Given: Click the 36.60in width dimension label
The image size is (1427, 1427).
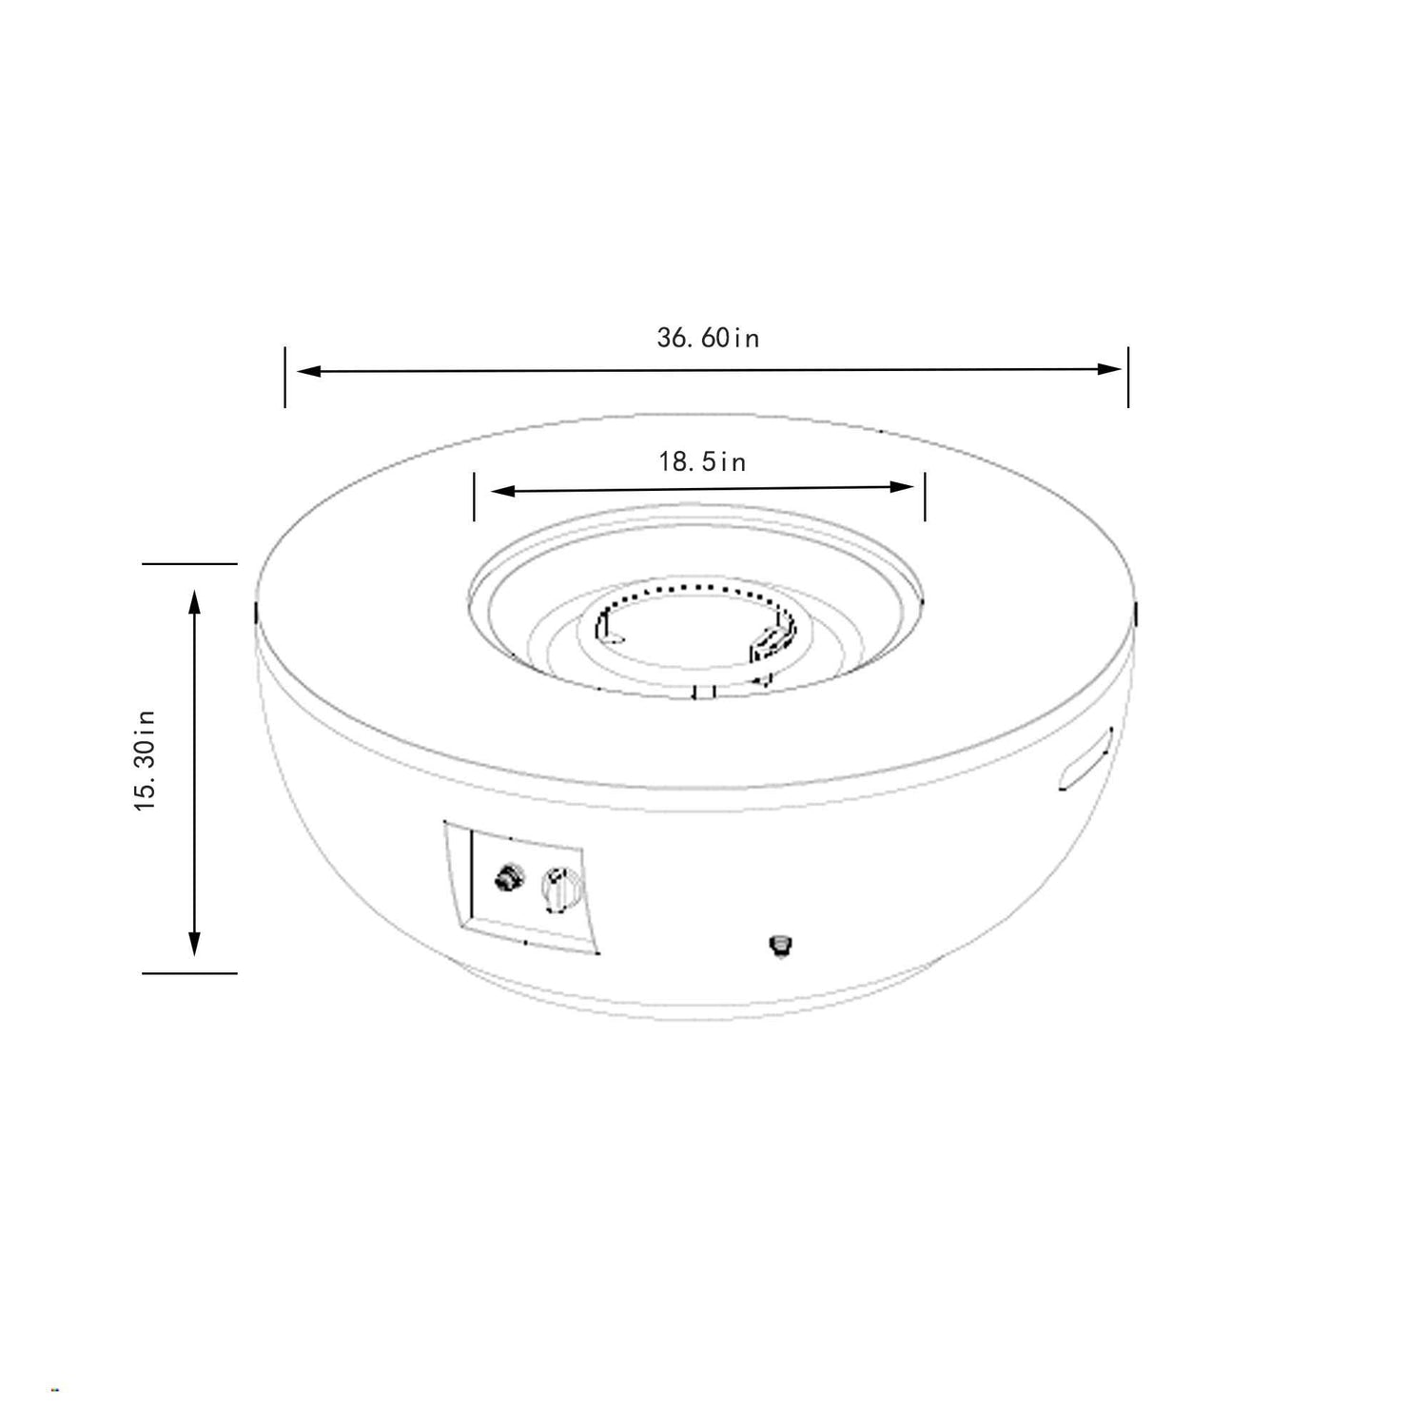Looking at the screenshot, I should point(708,338).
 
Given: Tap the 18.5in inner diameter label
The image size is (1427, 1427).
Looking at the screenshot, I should point(702,462).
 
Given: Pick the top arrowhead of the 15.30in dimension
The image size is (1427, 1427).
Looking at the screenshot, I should point(195,601).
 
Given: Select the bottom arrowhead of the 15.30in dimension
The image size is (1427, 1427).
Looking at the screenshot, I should point(195,943).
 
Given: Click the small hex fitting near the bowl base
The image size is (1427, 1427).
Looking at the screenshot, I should point(780,945).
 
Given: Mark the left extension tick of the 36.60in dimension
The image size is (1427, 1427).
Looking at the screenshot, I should point(284,378).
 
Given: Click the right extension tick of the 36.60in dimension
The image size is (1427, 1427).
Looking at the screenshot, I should point(1128,377).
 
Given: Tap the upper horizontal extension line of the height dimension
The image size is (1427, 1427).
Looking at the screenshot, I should point(189,564).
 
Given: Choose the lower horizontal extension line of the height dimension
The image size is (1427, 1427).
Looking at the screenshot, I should point(189,973).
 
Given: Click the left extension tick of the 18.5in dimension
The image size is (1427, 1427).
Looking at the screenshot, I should point(474,497).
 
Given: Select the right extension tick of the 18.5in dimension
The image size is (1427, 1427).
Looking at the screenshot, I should point(924,495).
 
